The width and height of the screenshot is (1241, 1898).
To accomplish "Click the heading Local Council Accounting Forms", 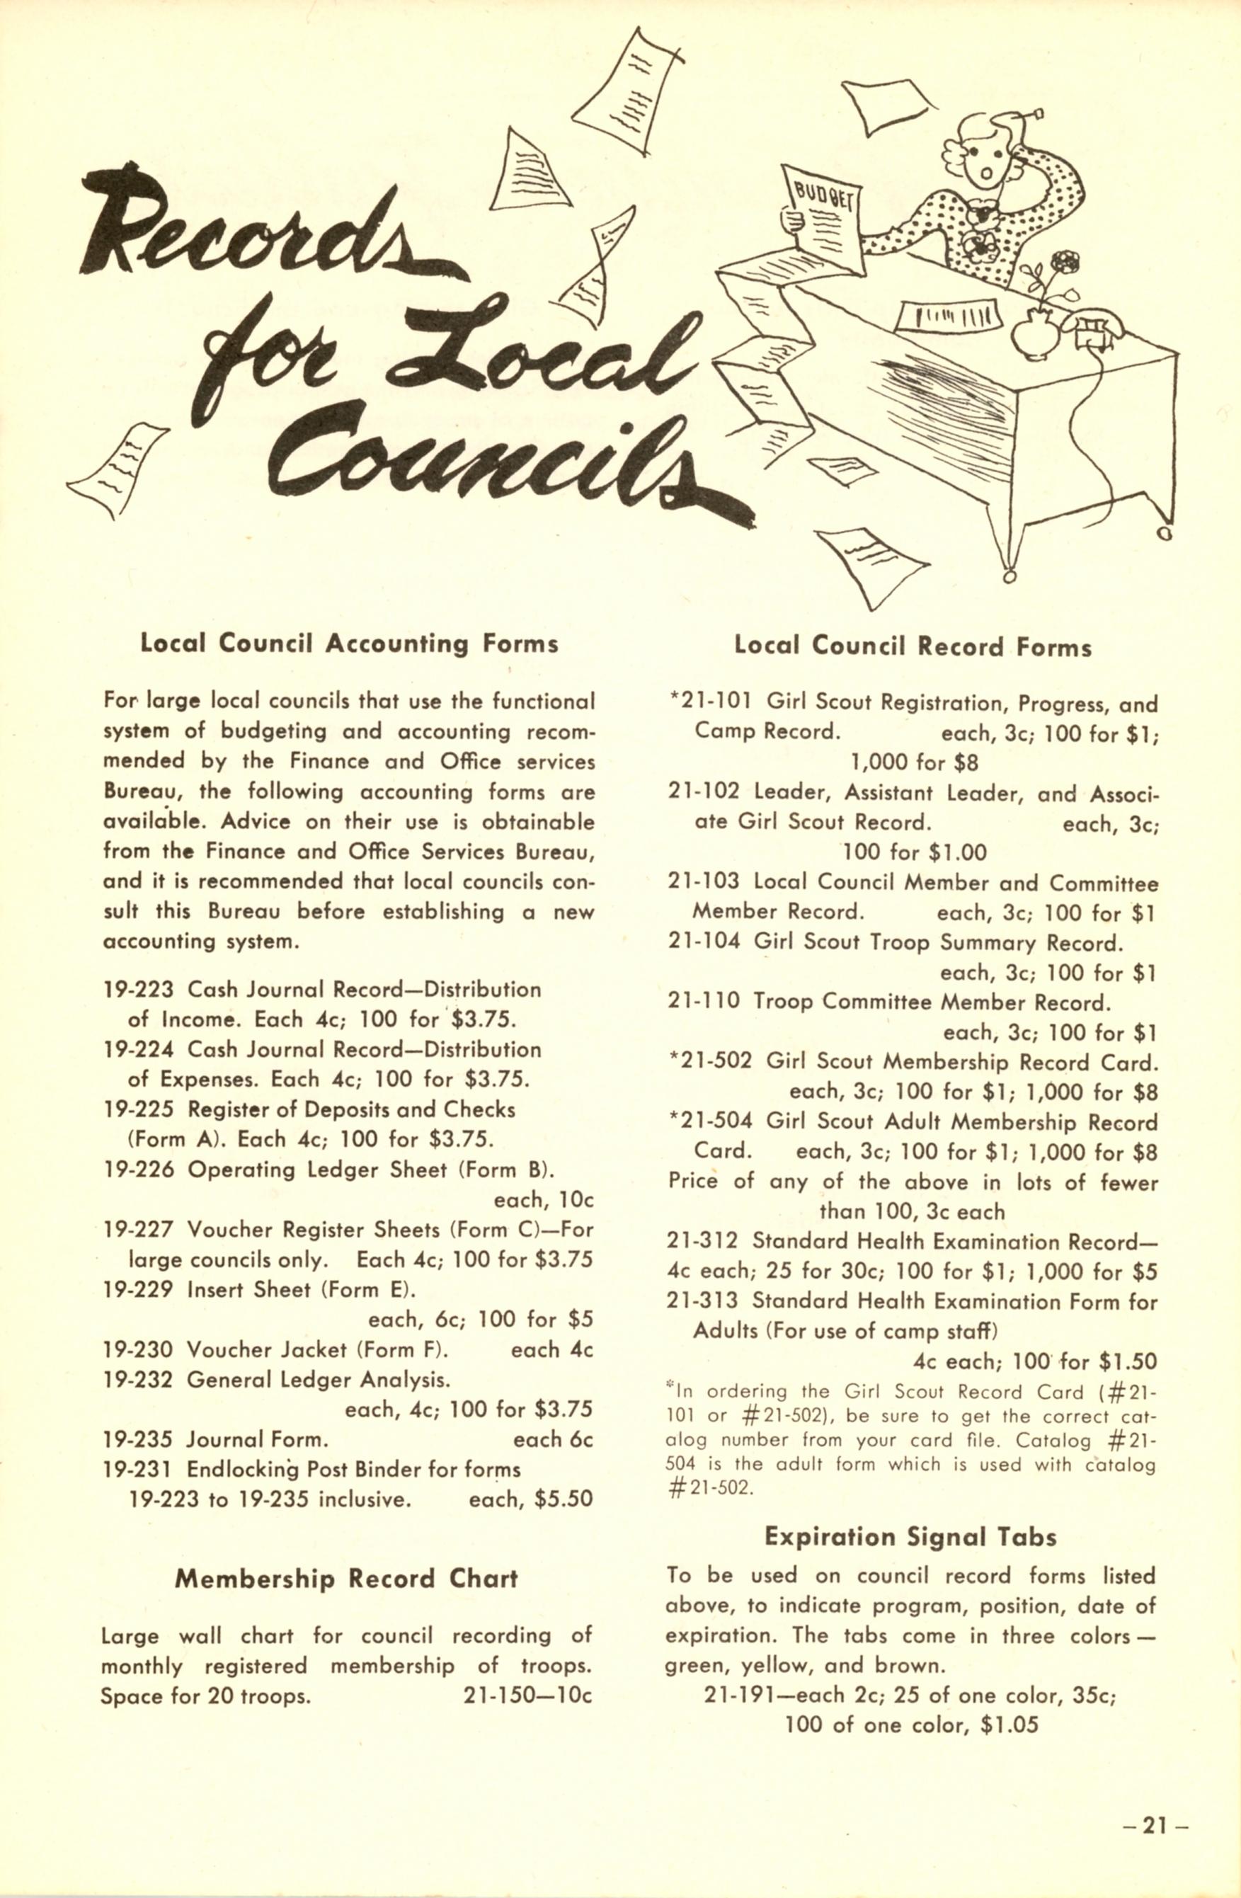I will (348, 644).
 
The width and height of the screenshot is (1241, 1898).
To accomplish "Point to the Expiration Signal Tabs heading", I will (910, 1536).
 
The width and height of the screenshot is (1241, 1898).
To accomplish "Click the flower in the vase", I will (1064, 261).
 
